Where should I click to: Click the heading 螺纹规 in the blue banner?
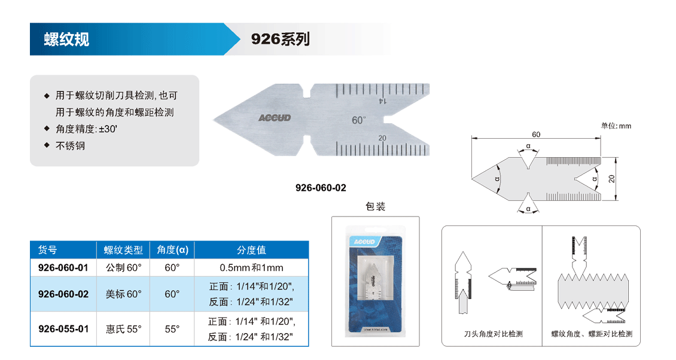click(x=66, y=39)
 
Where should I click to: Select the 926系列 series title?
click(x=280, y=39)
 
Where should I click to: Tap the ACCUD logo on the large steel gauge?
click(x=275, y=118)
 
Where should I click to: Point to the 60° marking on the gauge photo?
click(x=359, y=120)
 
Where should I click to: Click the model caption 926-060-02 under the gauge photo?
click(x=321, y=188)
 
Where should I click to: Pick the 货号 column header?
click(x=47, y=250)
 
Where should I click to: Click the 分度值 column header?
click(x=251, y=250)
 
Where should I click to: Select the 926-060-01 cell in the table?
click(x=63, y=268)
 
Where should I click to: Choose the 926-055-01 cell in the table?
click(x=63, y=329)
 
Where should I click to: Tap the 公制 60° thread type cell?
click(x=124, y=268)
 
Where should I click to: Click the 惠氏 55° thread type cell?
click(x=124, y=329)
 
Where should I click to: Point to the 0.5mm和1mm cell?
click(x=251, y=268)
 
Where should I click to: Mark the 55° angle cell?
click(x=172, y=329)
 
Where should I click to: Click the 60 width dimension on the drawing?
click(x=536, y=135)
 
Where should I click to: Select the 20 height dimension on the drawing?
click(x=611, y=178)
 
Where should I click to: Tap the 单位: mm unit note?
click(x=616, y=126)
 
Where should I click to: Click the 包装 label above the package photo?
click(x=376, y=206)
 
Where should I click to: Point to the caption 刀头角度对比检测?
click(x=493, y=334)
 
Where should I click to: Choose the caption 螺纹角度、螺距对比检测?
click(x=592, y=334)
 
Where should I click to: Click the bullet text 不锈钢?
click(x=70, y=146)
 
